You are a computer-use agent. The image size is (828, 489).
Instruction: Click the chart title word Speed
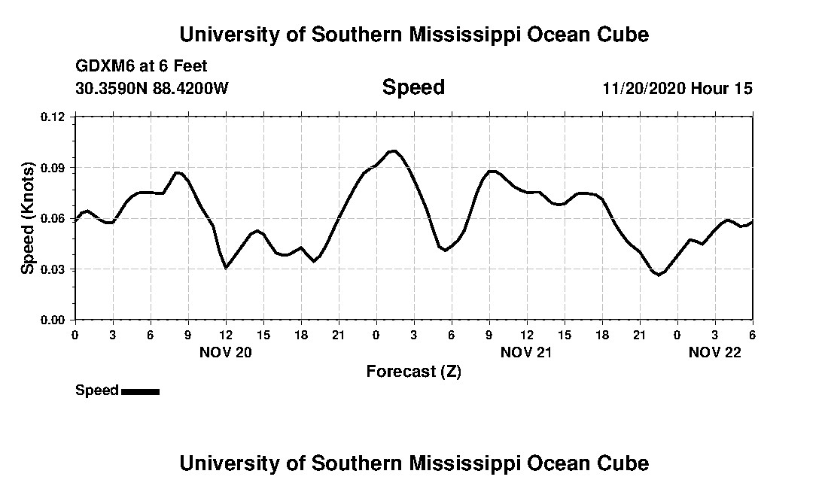coord(413,87)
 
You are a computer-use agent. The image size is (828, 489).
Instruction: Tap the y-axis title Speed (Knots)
coord(28,217)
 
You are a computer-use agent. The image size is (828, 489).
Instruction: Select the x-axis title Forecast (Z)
coord(413,371)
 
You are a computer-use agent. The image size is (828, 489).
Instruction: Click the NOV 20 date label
coord(226,352)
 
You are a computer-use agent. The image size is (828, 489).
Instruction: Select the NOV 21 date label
coord(527,352)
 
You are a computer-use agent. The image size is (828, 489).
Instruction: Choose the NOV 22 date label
coord(715,352)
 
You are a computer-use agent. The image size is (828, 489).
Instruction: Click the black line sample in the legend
coord(140,391)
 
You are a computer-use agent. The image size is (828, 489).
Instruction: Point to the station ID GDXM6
coord(101,67)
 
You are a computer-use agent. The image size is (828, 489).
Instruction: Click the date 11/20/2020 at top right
coord(643,88)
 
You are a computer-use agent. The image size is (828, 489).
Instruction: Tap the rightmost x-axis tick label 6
coord(752,335)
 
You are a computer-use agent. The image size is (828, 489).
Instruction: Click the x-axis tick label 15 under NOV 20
coord(263,335)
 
